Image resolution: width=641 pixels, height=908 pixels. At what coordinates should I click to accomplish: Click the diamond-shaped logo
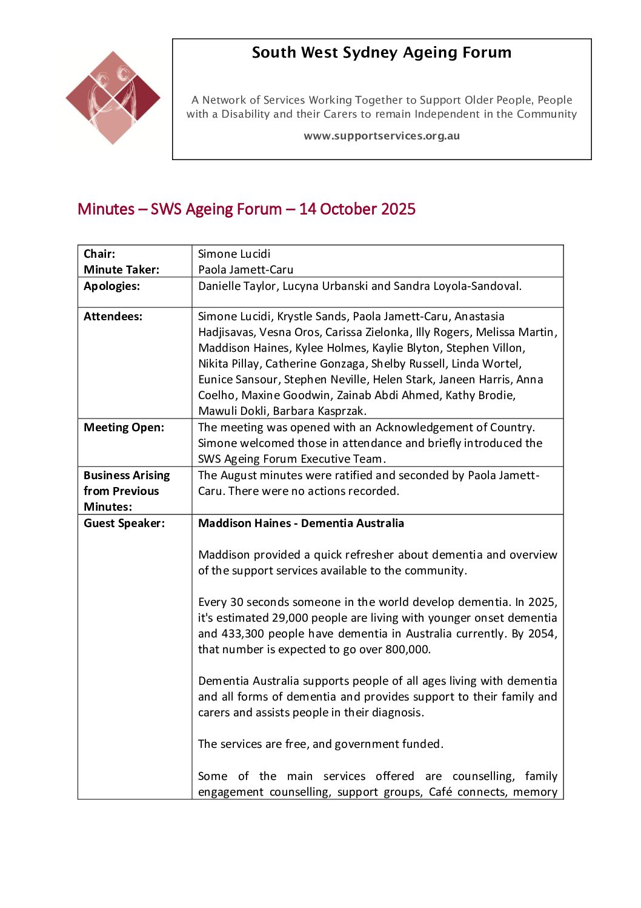(113, 97)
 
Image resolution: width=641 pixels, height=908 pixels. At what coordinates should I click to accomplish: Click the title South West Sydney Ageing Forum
(381, 53)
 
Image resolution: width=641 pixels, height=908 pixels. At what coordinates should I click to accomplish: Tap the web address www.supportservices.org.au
(382, 136)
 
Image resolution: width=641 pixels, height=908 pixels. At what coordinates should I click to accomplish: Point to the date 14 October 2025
(357, 209)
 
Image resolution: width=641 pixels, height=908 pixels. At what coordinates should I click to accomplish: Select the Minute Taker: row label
(122, 270)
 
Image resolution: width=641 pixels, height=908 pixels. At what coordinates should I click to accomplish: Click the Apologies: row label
(112, 286)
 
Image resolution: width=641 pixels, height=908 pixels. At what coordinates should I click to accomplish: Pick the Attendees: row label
(113, 317)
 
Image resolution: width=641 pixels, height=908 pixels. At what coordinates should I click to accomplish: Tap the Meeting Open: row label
(124, 428)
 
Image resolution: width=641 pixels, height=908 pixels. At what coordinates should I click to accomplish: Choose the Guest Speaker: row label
(124, 523)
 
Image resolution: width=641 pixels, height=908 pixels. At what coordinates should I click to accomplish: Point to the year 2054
(541, 634)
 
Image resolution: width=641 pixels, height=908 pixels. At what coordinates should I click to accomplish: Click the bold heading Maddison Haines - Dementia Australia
(301, 523)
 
